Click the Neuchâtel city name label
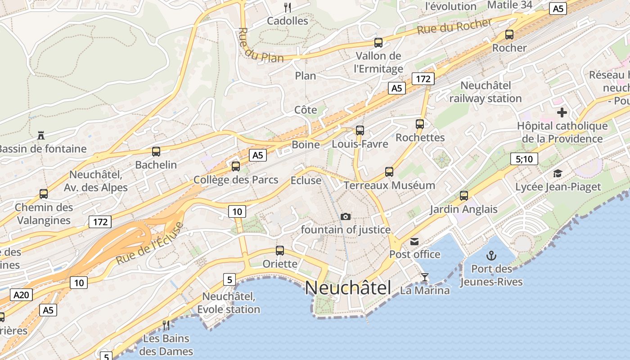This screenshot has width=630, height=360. [x=348, y=288]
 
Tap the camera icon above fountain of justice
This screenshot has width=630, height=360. [x=346, y=216]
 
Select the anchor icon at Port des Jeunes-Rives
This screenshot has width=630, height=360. [x=491, y=256]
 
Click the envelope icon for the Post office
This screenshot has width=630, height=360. [x=414, y=242]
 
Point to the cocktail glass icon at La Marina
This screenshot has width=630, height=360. [x=425, y=277]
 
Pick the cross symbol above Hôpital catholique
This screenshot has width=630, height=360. [x=562, y=112]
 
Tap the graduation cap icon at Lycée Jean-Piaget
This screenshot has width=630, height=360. [x=558, y=173]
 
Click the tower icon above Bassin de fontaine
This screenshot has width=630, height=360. [x=41, y=135]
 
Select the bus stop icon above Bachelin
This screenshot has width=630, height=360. [x=156, y=152]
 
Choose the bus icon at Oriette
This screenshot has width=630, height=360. [x=280, y=251]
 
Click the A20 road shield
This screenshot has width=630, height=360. [x=21, y=295]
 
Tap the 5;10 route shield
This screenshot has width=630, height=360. [x=524, y=158]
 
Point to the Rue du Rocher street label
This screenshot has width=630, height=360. [x=454, y=27]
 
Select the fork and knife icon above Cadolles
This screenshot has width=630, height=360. [x=288, y=7]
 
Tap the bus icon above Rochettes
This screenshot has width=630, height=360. [x=420, y=124]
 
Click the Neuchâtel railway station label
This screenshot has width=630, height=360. [x=486, y=92]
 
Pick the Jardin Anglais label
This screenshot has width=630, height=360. [x=463, y=209]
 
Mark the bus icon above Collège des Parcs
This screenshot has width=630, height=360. [x=236, y=166]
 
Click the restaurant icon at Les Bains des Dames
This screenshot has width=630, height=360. [x=166, y=325]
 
